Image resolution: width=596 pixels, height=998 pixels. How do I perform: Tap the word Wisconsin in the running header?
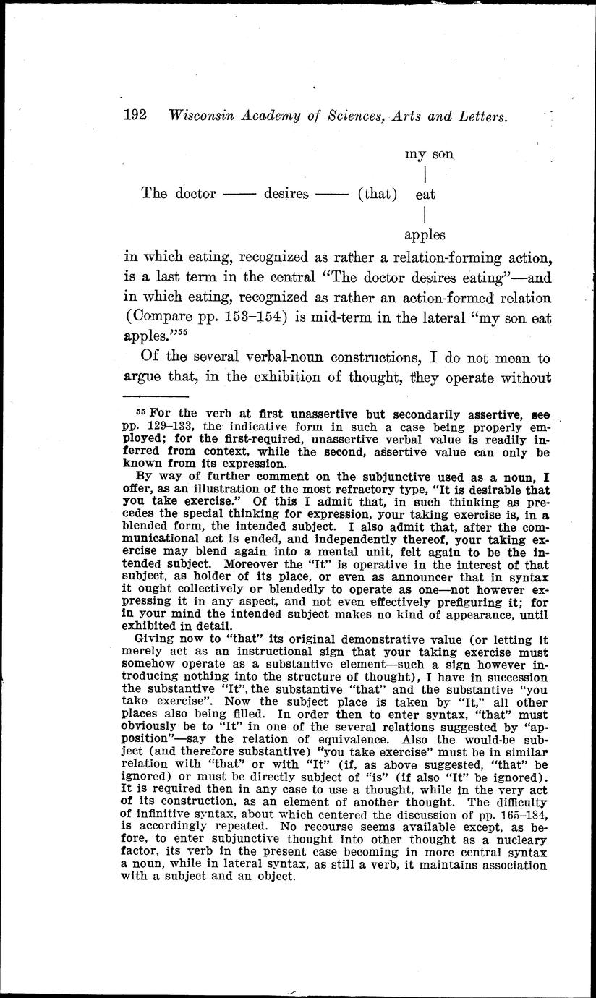[205, 116]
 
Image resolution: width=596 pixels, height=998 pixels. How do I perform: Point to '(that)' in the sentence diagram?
[378, 194]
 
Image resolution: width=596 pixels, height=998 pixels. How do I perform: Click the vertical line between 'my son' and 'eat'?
[423, 174]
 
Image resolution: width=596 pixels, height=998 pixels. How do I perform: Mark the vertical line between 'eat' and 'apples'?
[423, 214]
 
